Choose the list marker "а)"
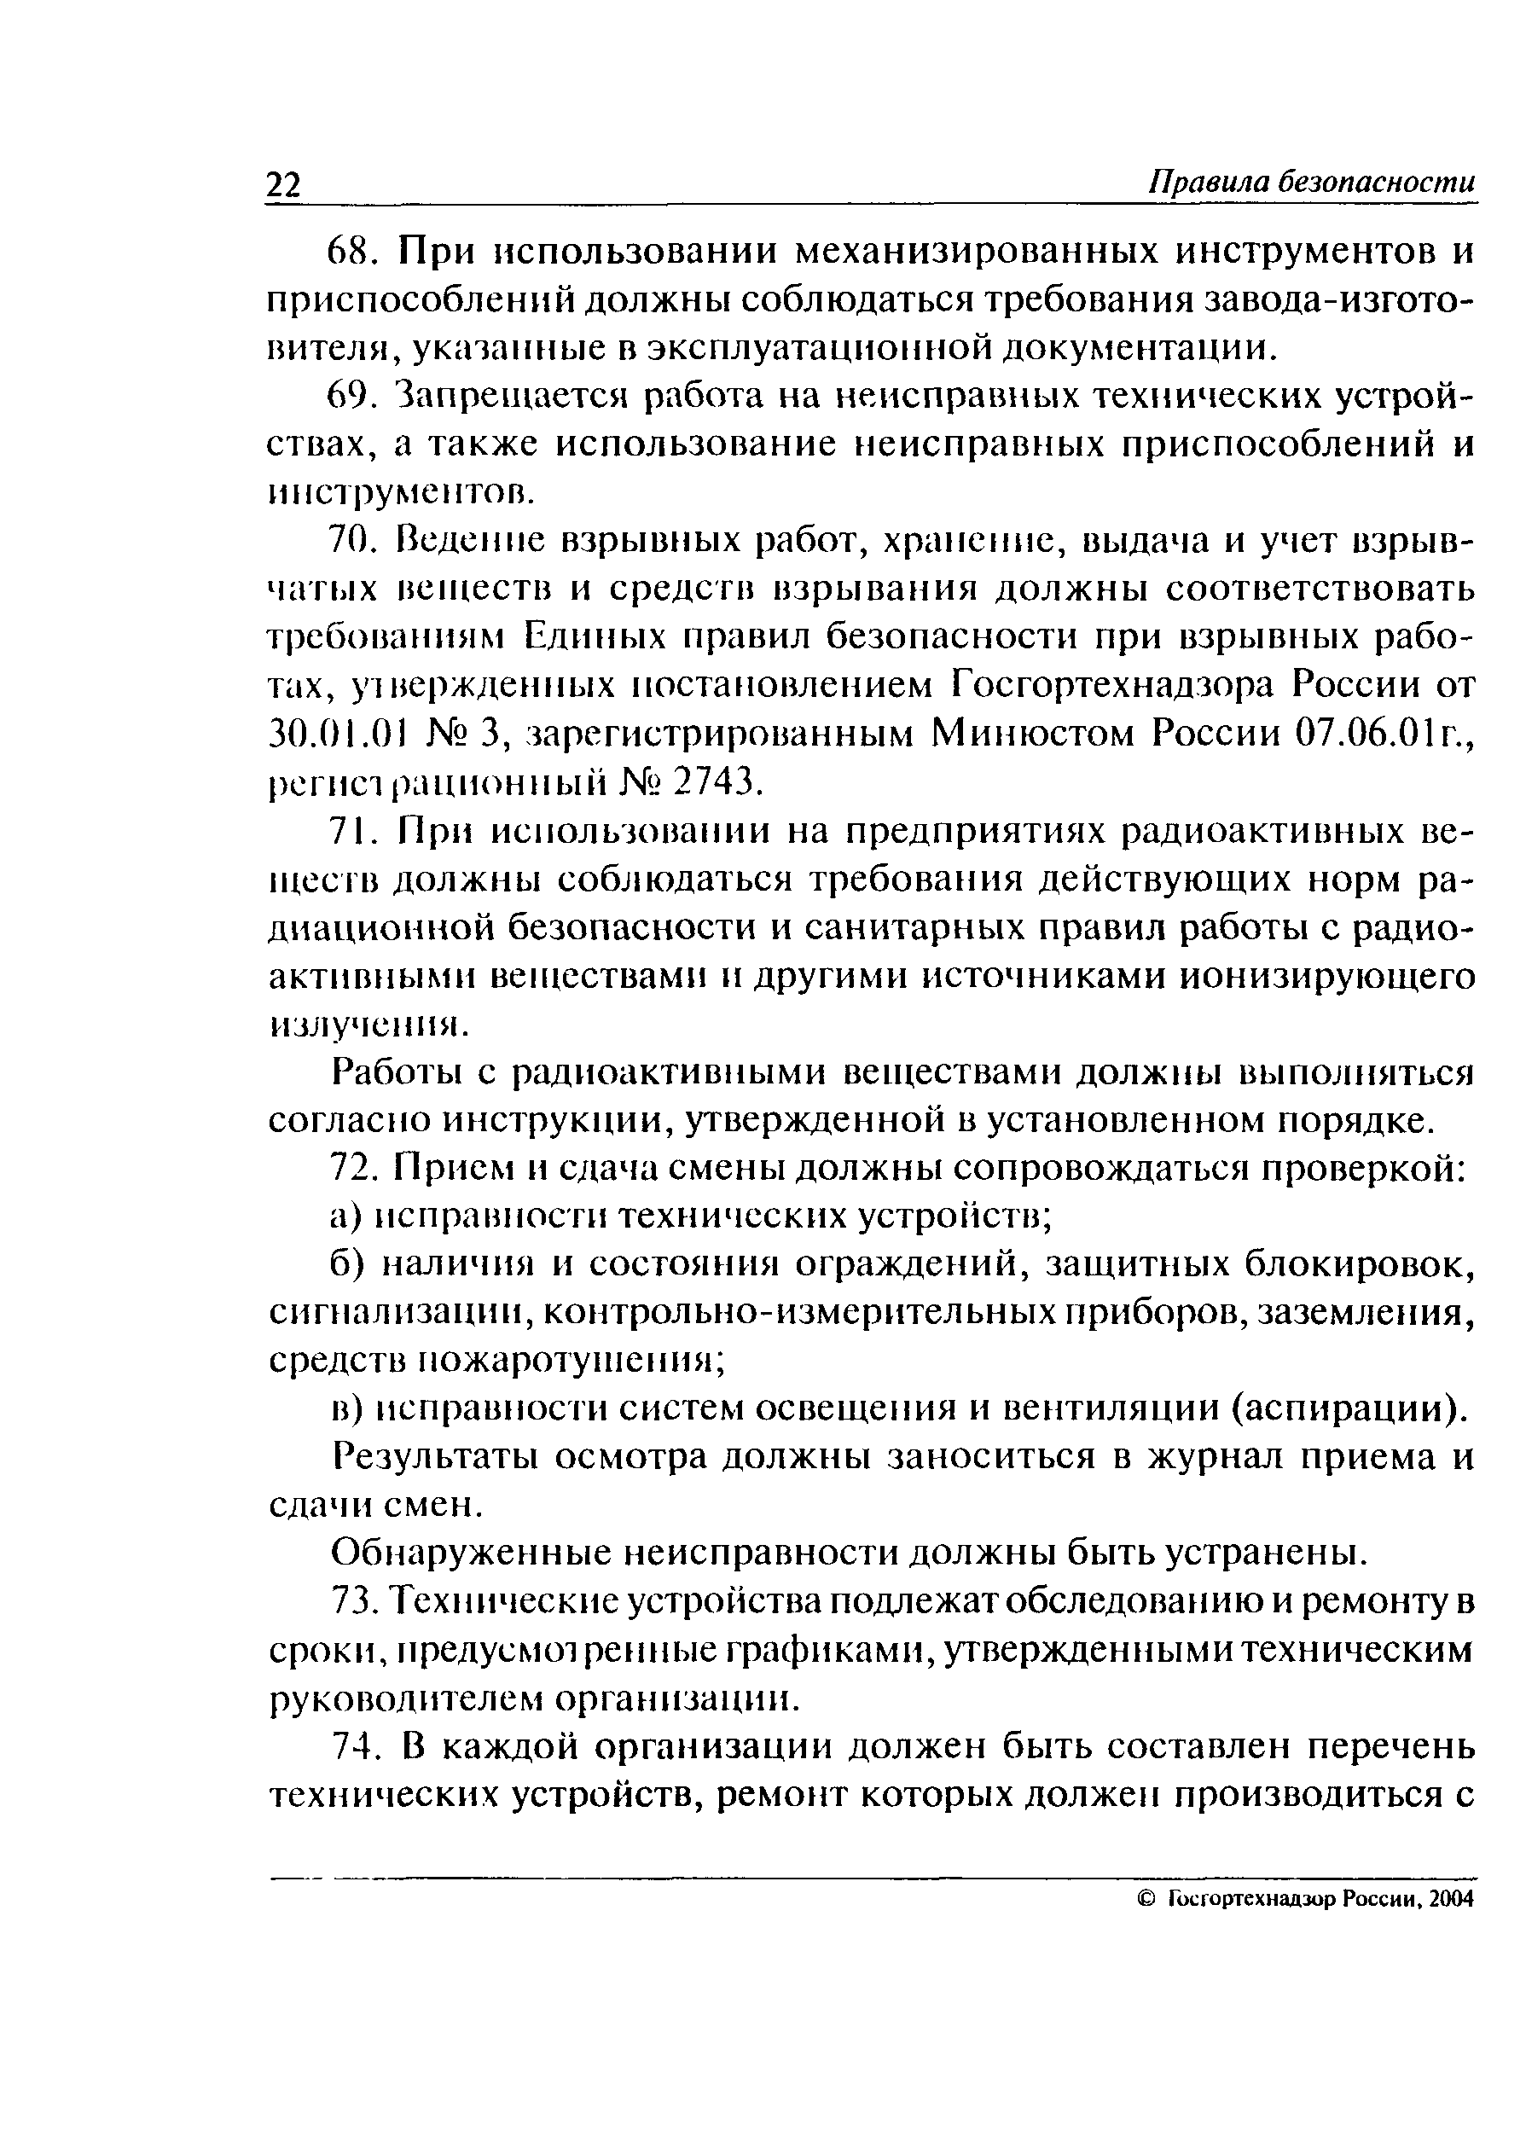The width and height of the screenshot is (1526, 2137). tap(345, 1217)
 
